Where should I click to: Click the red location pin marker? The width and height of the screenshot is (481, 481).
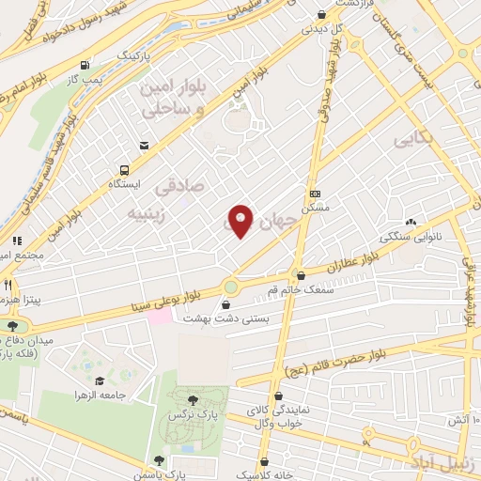click(240, 219)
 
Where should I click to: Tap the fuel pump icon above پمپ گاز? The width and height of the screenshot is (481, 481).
click(86, 66)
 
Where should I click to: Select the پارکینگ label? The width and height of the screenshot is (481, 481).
click(133, 56)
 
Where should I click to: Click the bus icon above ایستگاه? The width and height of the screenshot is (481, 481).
click(124, 170)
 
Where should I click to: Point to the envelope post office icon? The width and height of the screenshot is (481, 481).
click(145, 145)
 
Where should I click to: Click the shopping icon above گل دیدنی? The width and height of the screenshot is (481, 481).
click(322, 15)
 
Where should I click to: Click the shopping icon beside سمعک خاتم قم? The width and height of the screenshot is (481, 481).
click(301, 276)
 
